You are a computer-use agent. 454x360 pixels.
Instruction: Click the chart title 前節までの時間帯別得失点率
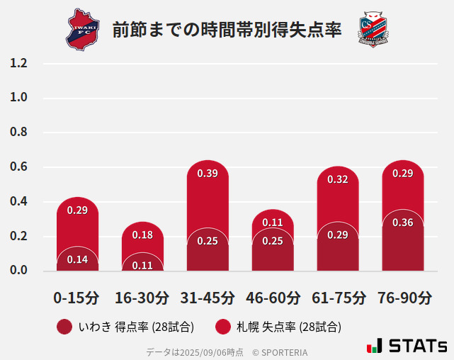tap(227, 30)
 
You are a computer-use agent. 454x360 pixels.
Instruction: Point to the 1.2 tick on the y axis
tap(18, 63)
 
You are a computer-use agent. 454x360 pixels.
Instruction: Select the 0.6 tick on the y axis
tap(18, 167)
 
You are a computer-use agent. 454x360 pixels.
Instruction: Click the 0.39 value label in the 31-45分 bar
tap(208, 174)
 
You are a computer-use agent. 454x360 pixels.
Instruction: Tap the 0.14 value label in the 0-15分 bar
tap(77, 259)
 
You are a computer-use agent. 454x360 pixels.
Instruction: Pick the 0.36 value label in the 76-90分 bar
tap(402, 223)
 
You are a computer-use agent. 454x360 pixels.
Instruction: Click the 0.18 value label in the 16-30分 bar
tap(142, 235)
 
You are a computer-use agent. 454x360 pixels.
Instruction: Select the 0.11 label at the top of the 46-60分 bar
tap(273, 223)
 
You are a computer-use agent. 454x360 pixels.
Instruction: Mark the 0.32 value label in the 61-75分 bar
tap(338, 179)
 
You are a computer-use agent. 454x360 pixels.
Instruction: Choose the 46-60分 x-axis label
tap(273, 298)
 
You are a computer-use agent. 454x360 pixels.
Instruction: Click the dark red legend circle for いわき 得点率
tap(64, 327)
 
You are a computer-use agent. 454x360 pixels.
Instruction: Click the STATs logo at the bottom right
tap(407, 346)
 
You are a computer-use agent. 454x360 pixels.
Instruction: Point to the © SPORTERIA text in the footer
tap(280, 352)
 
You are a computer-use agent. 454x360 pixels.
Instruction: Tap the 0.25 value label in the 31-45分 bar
tap(208, 241)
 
